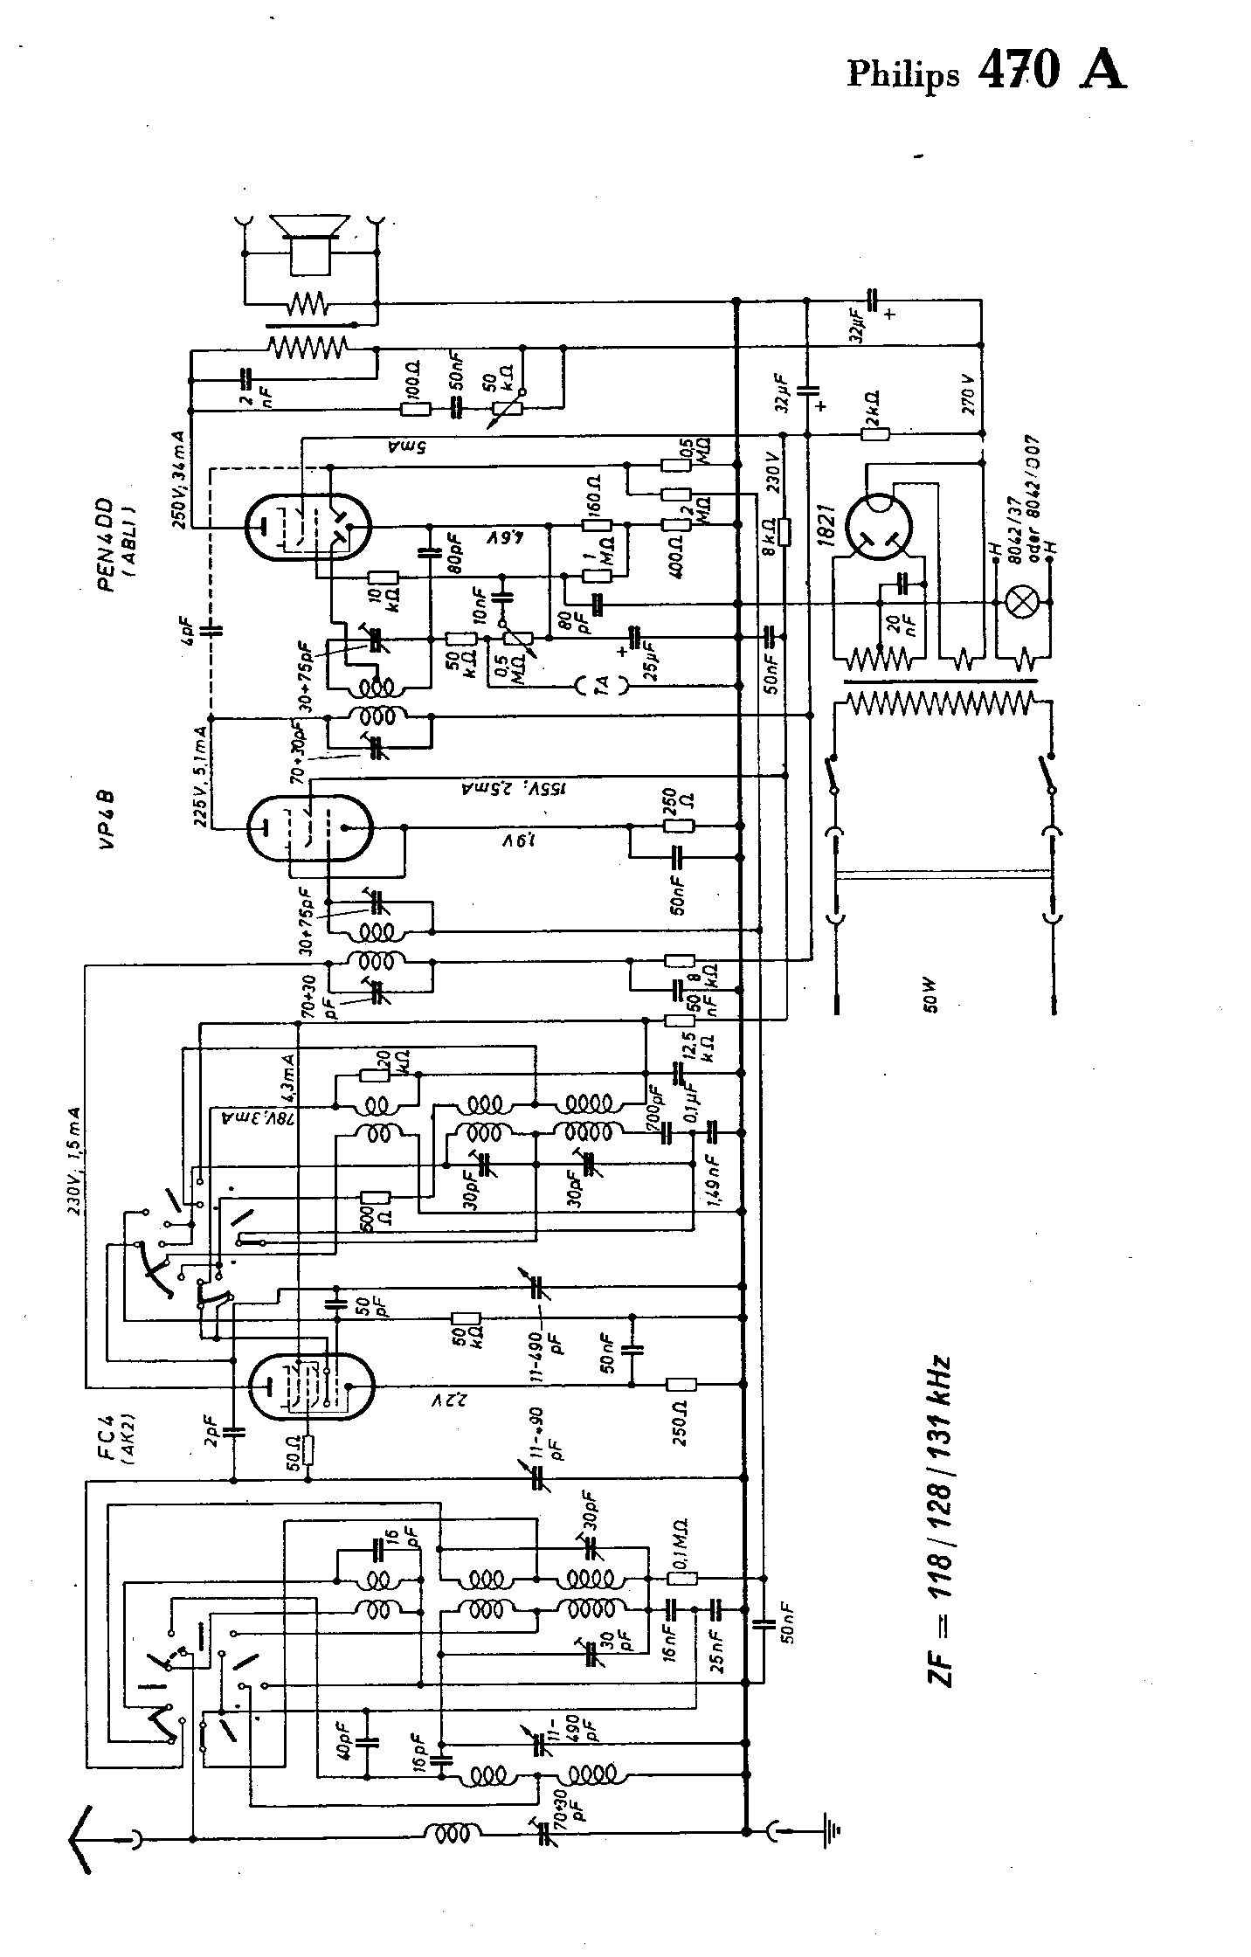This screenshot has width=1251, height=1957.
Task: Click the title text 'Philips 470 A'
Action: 985,72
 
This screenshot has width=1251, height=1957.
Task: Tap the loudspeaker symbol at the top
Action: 311,238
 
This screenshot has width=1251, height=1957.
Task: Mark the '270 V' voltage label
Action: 967,394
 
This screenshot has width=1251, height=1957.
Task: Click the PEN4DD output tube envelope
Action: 308,527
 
